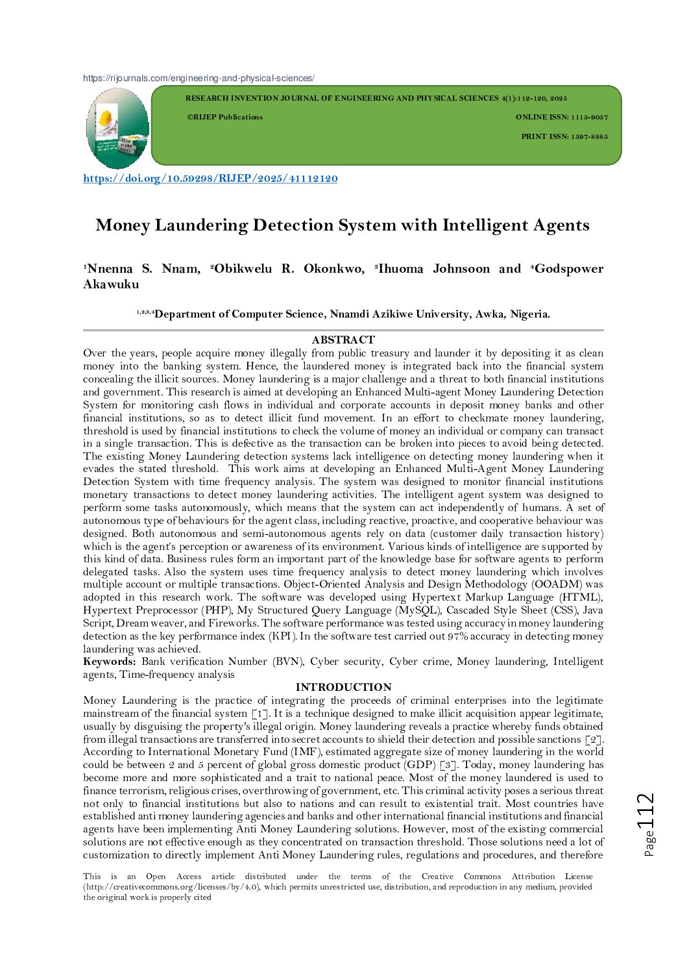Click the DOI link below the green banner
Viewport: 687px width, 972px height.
pyautogui.click(x=210, y=179)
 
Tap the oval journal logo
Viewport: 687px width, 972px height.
pyautogui.click(x=117, y=128)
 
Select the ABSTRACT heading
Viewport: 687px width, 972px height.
pyautogui.click(x=343, y=340)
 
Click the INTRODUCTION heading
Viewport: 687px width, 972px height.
pyautogui.click(x=343, y=687)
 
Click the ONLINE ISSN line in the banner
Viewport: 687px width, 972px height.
pyautogui.click(x=562, y=118)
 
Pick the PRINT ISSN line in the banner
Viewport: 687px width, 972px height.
pyautogui.click(x=564, y=137)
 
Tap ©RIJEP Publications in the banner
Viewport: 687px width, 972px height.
pyautogui.click(x=224, y=118)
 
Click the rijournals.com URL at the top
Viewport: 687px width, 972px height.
pyautogui.click(x=199, y=79)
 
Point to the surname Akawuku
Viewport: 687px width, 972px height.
pyautogui.click(x=111, y=284)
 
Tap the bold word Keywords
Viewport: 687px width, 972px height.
pyautogui.click(x=109, y=662)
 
